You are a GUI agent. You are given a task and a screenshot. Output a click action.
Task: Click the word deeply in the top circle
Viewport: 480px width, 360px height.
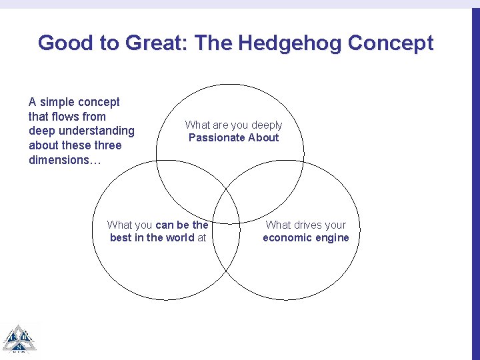(x=265, y=125)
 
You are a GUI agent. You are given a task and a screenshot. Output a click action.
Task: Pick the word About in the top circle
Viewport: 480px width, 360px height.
(x=264, y=138)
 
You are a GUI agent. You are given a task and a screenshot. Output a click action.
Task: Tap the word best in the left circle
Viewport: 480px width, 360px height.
(x=121, y=238)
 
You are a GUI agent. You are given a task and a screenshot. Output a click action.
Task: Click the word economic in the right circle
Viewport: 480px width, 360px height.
(x=287, y=238)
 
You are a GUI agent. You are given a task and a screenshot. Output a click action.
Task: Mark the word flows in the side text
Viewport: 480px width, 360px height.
(x=66, y=117)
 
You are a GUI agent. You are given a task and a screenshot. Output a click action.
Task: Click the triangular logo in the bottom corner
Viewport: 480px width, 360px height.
(x=18, y=339)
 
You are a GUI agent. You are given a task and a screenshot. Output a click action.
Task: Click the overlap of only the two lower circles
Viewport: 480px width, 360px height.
(x=227, y=260)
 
